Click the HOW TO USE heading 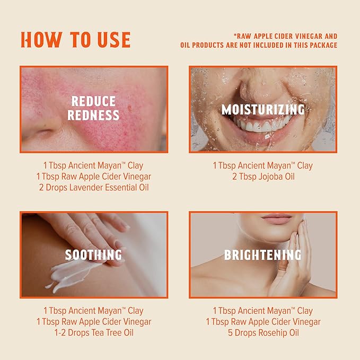coord(75,40)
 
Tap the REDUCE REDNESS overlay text coord(93,108)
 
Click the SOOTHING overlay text coord(93,256)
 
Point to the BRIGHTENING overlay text coord(262,256)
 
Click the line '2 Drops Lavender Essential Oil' coord(94,188)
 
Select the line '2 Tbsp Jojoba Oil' coord(262,177)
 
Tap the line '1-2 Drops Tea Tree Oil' coord(94,333)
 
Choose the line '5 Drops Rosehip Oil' coord(262,333)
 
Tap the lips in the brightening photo coord(276,218)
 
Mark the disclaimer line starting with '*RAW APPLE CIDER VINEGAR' coord(285,36)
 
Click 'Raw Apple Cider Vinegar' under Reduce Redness coord(94,177)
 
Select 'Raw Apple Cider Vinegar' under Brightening coord(262,322)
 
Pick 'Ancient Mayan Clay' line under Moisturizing coord(262,165)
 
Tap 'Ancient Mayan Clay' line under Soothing coord(94,311)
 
